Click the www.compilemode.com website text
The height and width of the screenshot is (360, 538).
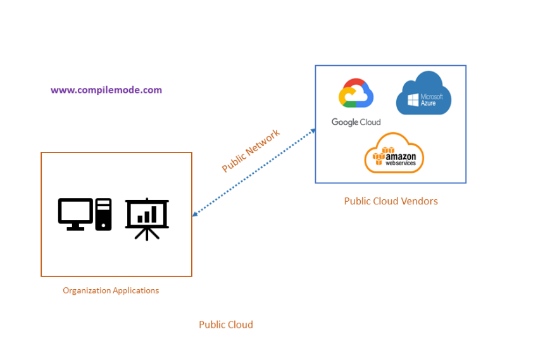(x=106, y=90)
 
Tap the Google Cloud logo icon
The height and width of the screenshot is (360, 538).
(x=356, y=96)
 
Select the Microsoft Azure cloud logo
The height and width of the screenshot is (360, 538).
(x=423, y=93)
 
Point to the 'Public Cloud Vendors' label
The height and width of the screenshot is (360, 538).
(x=391, y=201)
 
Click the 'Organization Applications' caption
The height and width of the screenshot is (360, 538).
(x=111, y=290)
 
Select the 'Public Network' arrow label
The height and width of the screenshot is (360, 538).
(x=251, y=151)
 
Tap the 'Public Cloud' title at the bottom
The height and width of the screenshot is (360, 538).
(x=226, y=325)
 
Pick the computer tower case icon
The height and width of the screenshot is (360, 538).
(x=103, y=214)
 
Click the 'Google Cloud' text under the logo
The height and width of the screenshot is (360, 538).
(x=356, y=122)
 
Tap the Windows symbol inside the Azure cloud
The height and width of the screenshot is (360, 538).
(x=413, y=100)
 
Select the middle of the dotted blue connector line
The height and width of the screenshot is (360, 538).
(x=254, y=172)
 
